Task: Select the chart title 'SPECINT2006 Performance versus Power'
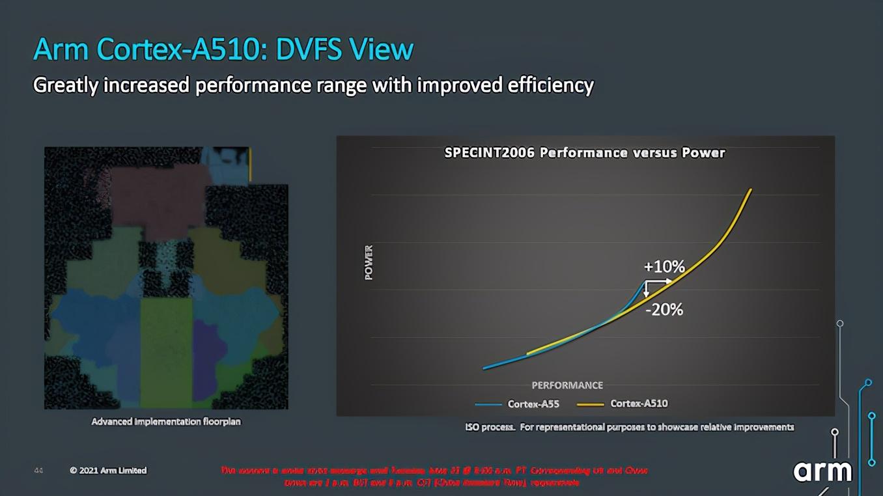point(584,153)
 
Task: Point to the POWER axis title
point(369,262)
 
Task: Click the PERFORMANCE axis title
point(567,385)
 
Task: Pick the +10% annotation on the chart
point(664,267)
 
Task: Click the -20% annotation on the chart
point(664,310)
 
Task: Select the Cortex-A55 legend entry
point(533,404)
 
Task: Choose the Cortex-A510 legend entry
point(638,404)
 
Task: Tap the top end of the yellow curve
point(751,190)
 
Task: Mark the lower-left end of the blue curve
point(484,368)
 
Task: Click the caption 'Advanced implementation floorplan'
point(166,422)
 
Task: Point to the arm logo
point(822,471)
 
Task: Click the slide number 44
point(38,470)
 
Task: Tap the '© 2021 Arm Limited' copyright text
point(108,470)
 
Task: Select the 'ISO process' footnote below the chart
point(629,428)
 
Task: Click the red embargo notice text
point(434,476)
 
